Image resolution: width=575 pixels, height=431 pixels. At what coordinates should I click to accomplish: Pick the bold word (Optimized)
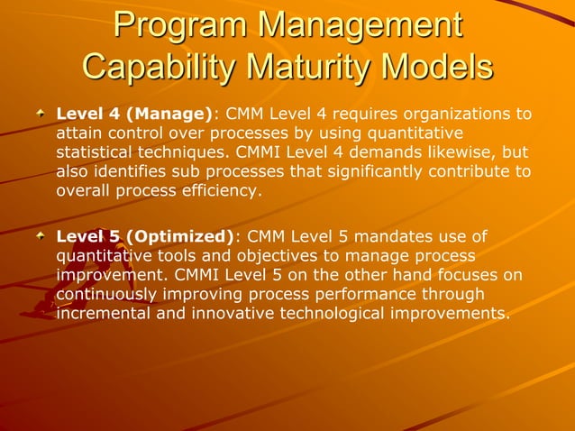tap(180, 236)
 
